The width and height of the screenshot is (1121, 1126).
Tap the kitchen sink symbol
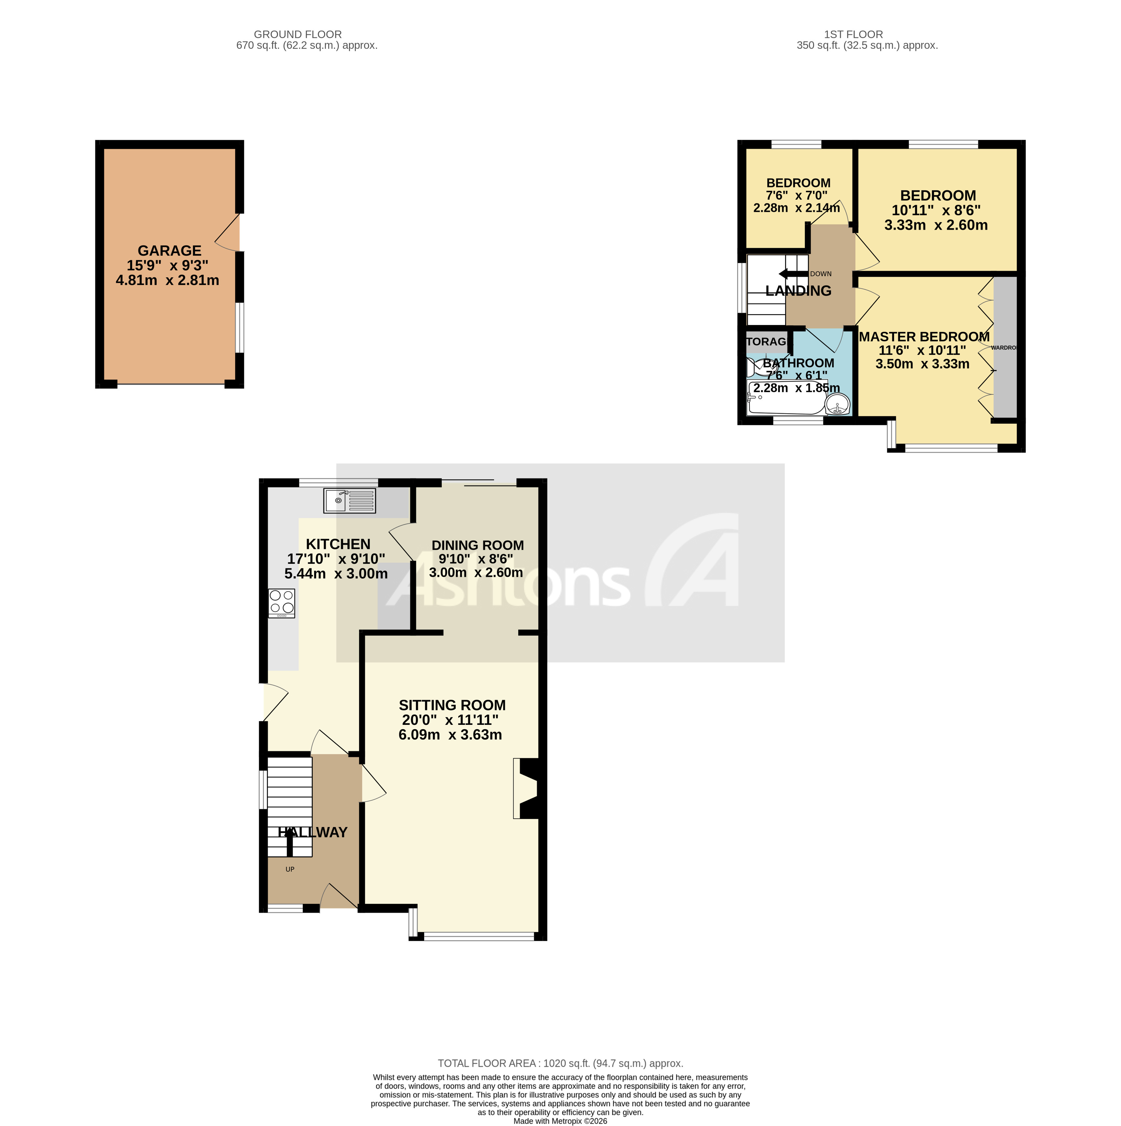pos(350,500)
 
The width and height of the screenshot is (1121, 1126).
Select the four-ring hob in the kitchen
pos(282,603)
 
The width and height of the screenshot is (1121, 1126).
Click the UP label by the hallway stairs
pos(290,869)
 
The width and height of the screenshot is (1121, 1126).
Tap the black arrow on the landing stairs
pos(792,274)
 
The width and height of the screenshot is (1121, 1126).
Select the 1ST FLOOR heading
pos(853,35)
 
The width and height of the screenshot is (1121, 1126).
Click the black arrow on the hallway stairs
pos(290,842)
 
